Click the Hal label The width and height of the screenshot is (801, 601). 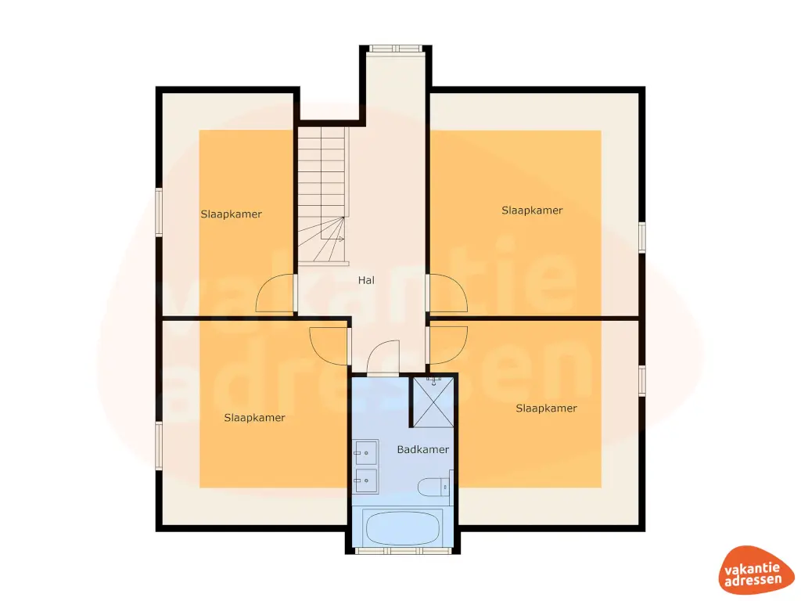click(x=366, y=279)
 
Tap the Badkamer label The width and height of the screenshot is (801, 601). click(x=422, y=449)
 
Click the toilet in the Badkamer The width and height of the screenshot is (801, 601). click(x=433, y=487)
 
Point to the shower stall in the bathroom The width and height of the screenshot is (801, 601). click(x=433, y=402)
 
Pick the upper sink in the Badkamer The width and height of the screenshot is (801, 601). click(x=365, y=452)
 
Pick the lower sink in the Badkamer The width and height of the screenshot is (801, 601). click(x=365, y=480)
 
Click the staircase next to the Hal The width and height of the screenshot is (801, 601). click(x=321, y=196)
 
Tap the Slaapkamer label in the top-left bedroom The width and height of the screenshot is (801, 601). click(x=231, y=214)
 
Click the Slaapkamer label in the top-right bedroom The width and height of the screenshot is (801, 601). click(x=532, y=210)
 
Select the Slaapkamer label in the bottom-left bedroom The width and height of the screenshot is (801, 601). click(x=254, y=417)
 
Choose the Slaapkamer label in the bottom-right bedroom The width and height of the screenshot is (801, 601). click(x=546, y=408)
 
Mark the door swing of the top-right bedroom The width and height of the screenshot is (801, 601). click(x=449, y=294)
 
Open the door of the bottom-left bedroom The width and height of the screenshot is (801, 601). click(x=329, y=345)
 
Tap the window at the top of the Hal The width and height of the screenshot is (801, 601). click(x=396, y=49)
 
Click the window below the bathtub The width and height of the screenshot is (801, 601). click(x=404, y=550)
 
